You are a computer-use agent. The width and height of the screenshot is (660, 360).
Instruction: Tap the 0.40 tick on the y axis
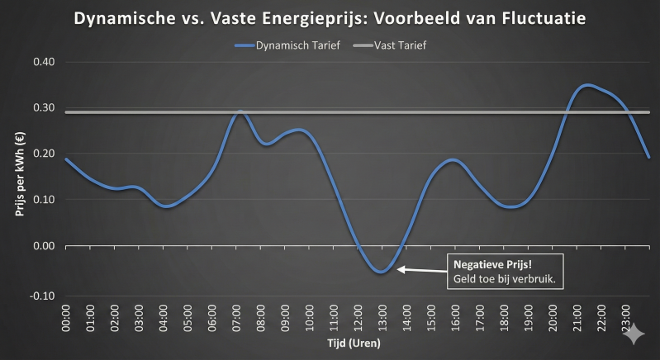43,62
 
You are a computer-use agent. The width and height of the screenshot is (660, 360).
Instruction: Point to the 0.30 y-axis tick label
43,108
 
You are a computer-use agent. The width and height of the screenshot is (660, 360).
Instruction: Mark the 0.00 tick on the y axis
43,246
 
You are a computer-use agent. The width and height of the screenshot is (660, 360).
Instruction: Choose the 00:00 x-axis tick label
67,319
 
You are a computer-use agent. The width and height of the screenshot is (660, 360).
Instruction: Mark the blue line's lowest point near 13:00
380,272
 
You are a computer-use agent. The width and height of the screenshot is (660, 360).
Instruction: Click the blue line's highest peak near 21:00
586,85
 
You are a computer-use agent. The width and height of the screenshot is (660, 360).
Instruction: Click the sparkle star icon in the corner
634,334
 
